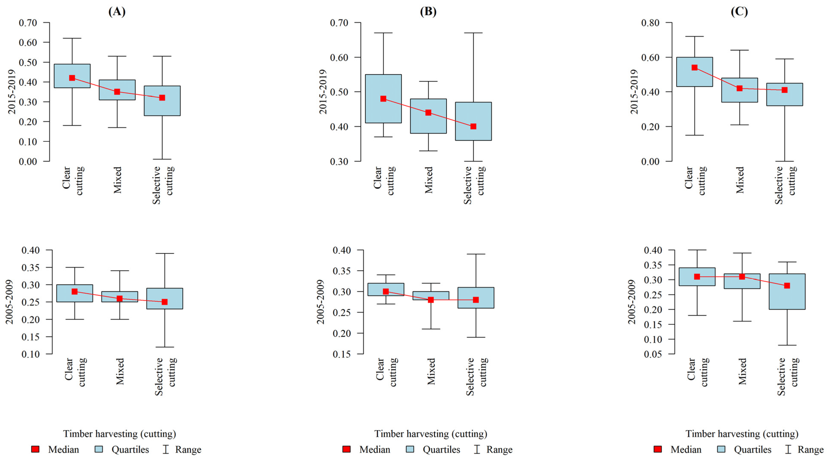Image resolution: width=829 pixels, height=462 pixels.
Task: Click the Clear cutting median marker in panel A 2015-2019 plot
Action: click(x=72, y=78)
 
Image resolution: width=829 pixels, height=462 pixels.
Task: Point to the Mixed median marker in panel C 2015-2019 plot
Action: click(x=740, y=88)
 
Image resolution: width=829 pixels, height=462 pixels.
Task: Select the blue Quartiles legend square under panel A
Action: click(x=99, y=449)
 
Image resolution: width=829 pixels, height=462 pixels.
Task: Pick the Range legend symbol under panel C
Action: click(x=788, y=449)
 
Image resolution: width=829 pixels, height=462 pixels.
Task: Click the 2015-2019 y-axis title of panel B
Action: click(x=323, y=92)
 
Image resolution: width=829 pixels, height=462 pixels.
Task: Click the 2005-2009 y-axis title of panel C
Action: click(x=632, y=302)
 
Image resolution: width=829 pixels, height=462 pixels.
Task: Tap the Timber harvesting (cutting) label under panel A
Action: click(x=119, y=434)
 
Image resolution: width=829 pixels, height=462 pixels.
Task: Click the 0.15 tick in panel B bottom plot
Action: click(x=341, y=354)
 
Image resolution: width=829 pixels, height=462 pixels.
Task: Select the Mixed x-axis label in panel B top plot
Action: click(x=429, y=180)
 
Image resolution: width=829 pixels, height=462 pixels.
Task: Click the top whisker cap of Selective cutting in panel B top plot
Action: click(x=473, y=33)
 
